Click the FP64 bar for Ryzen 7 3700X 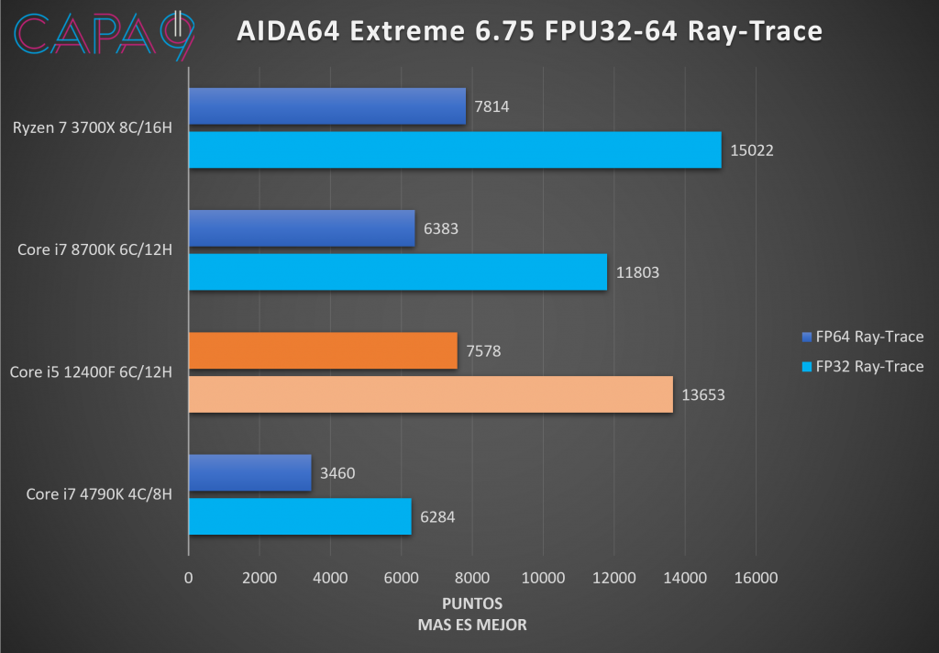326,106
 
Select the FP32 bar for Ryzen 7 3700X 455,149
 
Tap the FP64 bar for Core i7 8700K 302,228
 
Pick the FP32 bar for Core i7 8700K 397,271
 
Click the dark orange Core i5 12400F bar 323,350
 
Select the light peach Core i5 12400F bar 430,393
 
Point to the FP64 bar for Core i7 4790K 249,472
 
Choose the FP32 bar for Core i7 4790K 300,516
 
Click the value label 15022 753,150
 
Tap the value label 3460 337,473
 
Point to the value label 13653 704,394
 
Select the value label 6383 441,229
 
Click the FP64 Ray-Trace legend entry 862,337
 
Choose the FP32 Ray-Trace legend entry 862,367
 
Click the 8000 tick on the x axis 472,578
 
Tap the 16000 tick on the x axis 756,578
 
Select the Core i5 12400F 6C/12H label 91,372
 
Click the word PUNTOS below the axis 472,604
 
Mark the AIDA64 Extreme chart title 529,31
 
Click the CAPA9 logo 105,34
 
